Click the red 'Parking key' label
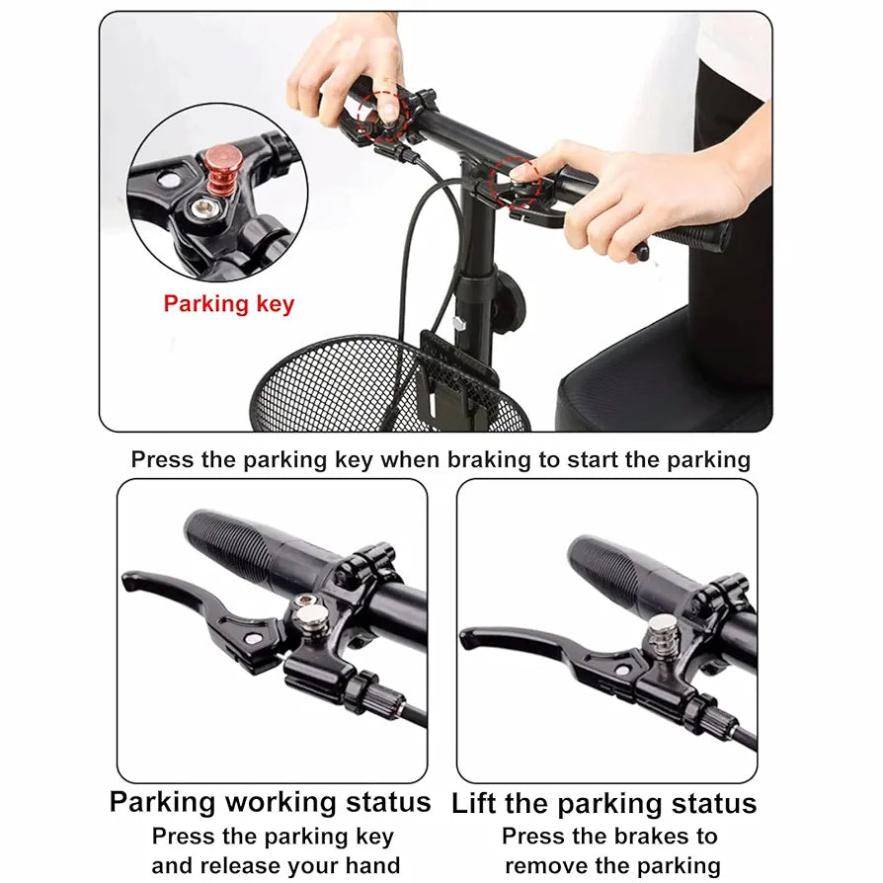click(229, 303)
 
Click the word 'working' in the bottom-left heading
click(281, 802)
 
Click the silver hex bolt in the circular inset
click(201, 209)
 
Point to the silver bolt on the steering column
click(459, 323)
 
